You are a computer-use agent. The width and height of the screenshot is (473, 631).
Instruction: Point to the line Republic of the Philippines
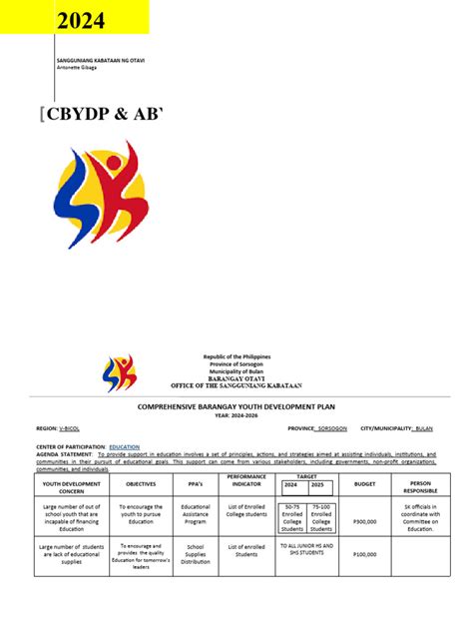(236, 357)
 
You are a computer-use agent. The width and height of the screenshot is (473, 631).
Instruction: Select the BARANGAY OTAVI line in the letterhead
(236, 379)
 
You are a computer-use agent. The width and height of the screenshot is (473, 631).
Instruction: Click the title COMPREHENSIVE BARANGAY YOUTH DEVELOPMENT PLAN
(236, 408)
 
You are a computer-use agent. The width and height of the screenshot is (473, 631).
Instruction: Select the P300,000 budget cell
(365, 520)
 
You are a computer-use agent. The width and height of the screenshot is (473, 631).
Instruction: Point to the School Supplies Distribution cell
(196, 554)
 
